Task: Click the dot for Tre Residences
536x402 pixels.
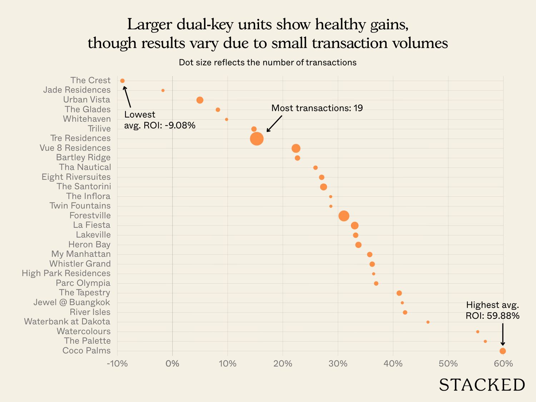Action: (x=257, y=139)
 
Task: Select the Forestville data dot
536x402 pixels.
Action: (x=344, y=216)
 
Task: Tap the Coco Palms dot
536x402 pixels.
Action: (x=503, y=351)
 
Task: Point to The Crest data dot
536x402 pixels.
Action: (x=123, y=81)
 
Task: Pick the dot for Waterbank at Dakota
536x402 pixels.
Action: (x=428, y=322)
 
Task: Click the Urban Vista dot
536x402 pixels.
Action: (x=200, y=100)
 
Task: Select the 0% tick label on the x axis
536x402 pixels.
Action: (x=173, y=364)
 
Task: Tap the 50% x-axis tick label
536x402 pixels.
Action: (x=448, y=364)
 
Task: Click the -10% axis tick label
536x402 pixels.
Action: (x=117, y=364)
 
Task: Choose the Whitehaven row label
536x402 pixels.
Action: (x=87, y=119)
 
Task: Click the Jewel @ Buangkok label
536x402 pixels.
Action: (x=72, y=302)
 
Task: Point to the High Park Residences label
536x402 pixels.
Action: (x=66, y=273)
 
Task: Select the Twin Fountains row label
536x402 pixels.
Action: (x=80, y=206)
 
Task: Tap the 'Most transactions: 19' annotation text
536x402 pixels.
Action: (x=317, y=108)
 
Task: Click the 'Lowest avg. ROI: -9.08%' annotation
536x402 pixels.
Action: (x=159, y=120)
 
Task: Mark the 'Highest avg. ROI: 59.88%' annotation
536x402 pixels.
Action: (x=492, y=310)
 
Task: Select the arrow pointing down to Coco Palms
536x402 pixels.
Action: (x=503, y=334)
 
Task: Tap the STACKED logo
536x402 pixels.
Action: (x=482, y=385)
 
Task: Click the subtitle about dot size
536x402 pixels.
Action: (x=268, y=63)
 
